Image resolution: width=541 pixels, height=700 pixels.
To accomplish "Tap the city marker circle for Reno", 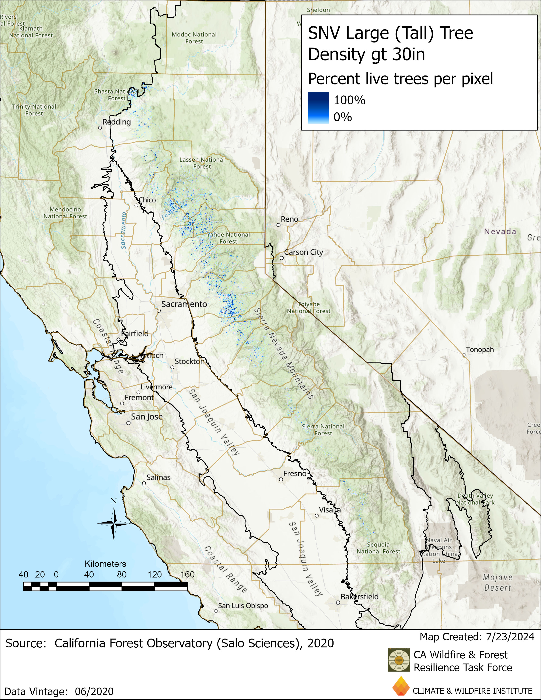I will click(278, 225).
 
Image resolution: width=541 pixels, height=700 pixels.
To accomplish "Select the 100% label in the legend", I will click(349, 100).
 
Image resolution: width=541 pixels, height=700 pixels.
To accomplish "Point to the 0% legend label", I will click(343, 117).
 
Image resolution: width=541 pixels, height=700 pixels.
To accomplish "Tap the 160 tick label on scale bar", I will click(188, 574).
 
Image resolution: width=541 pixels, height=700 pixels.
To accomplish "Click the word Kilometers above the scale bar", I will click(105, 564).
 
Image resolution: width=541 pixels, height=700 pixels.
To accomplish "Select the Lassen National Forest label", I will click(202, 163).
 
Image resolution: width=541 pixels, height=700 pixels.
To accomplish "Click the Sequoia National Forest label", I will click(378, 548).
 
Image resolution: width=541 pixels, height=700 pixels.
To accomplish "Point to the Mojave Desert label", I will click(498, 582).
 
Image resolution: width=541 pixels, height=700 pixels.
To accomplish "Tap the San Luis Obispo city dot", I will click(216, 611).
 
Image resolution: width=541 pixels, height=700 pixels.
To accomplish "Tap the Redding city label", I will click(117, 122).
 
